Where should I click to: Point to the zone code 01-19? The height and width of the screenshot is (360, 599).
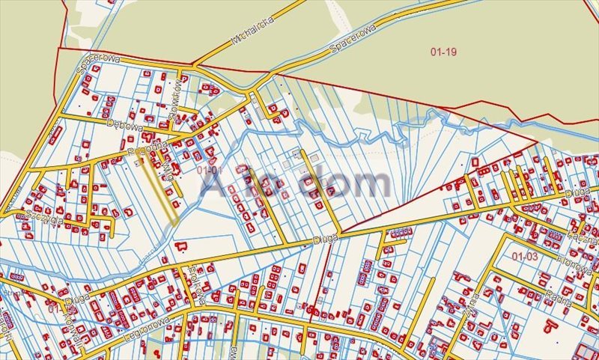pyautogui.click(x=444, y=52)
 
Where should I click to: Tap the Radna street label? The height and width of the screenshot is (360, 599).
pyautogui.click(x=559, y=299)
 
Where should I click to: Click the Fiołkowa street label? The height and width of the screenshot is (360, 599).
pyautogui.click(x=196, y=283)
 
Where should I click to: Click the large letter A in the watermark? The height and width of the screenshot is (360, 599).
pyautogui.click(x=212, y=183)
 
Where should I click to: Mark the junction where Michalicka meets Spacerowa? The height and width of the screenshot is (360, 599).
pyautogui.click(x=196, y=66)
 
